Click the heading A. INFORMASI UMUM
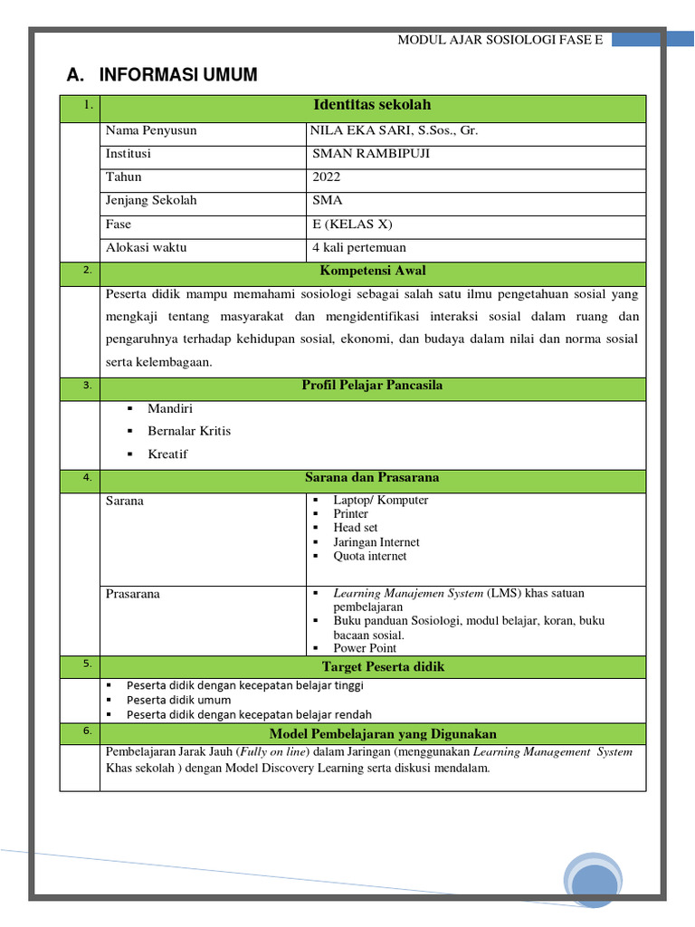(x=162, y=75)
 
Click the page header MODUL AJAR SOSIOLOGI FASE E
(x=500, y=40)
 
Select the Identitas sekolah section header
(x=372, y=106)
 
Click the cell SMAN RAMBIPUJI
(x=371, y=154)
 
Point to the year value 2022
(x=326, y=177)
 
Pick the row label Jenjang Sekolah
(x=151, y=201)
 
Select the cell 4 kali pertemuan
(x=358, y=248)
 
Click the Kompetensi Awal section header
(x=372, y=271)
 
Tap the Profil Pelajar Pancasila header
(x=372, y=387)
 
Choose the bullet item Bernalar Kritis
(x=189, y=431)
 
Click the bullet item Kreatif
(x=167, y=454)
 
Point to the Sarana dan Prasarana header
(x=372, y=478)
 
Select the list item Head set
(x=355, y=528)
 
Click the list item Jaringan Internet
(x=376, y=542)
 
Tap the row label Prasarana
(x=132, y=594)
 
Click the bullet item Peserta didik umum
(x=178, y=700)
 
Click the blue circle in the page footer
(x=593, y=878)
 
